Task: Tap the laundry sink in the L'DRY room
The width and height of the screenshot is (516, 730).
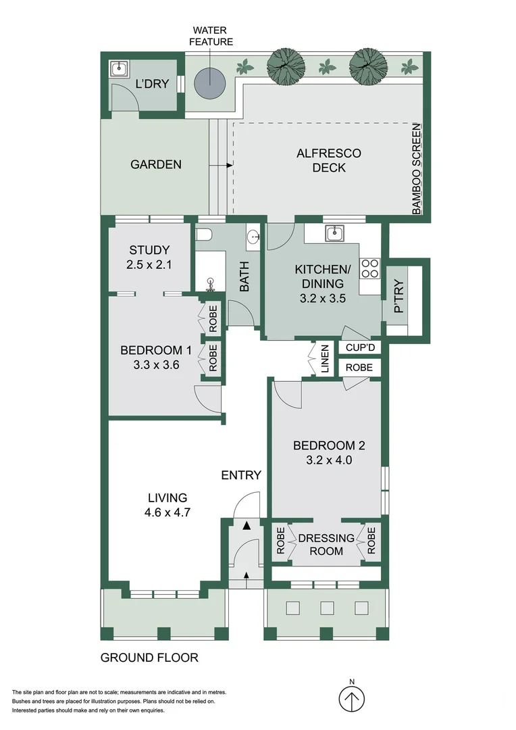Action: click(x=120, y=68)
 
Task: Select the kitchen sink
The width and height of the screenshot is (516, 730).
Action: click(x=334, y=234)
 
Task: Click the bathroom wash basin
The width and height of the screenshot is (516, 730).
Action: click(x=254, y=237)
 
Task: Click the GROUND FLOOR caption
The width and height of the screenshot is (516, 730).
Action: click(x=149, y=658)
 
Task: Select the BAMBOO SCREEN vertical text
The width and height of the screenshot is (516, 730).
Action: click(x=417, y=169)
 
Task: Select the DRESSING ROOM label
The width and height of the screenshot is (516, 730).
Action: click(x=327, y=544)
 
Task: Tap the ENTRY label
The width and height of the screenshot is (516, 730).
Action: click(x=241, y=475)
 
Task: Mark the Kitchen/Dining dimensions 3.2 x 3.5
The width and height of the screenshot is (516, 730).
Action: click(x=319, y=298)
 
